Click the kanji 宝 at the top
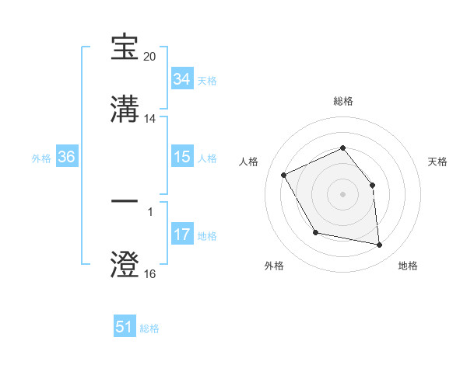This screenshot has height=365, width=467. tap(125, 47)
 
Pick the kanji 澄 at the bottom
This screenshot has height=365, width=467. tap(125, 264)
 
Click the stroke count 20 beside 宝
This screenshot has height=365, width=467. tap(150, 57)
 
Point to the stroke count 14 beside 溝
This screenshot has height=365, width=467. tap(150, 119)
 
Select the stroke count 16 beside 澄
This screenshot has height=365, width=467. tap(150, 274)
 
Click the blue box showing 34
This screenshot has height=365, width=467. tap(181, 79)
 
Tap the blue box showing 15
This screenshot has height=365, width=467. tap(181, 158)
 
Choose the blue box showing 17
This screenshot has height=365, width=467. tap(181, 235)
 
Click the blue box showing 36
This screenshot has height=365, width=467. tap(66, 158)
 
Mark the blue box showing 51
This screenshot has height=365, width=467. tap(125, 327)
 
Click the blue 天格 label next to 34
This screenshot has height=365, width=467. tap(207, 81)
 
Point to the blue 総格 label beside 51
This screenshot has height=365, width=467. tap(149, 328)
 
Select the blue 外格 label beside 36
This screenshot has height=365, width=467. tap(41, 158)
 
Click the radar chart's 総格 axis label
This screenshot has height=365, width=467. tap(343, 101)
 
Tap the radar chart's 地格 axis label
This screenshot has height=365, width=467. tap(408, 266)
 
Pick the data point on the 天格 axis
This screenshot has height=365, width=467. tap(372, 185)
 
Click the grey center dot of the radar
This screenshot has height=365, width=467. tap(343, 194)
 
